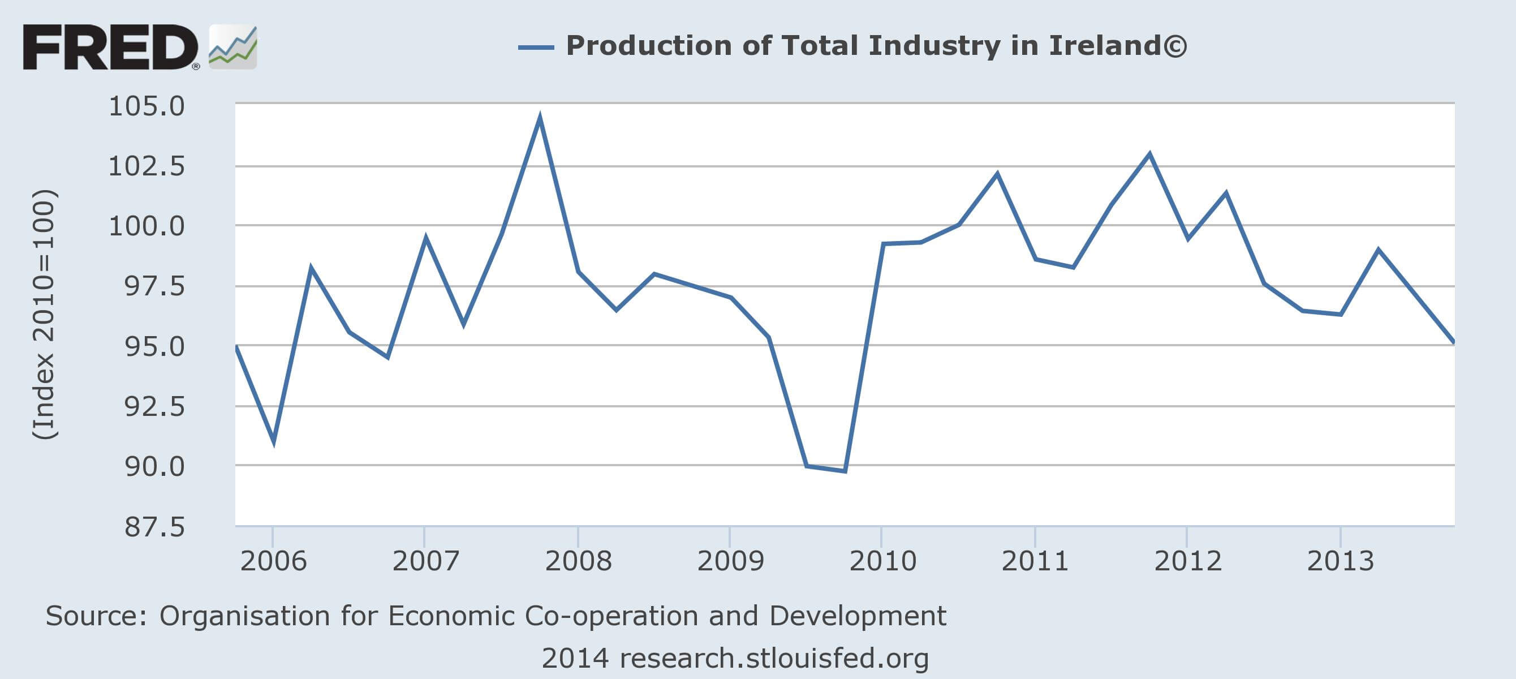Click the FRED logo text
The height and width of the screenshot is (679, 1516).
coord(110,47)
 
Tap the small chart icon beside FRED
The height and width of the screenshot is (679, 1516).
coord(233,47)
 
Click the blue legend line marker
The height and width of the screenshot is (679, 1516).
coord(536,47)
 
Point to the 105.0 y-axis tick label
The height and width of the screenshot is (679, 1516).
coord(147,106)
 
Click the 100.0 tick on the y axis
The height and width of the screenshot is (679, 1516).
coord(147,226)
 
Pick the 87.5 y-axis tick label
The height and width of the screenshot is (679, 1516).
coord(154,526)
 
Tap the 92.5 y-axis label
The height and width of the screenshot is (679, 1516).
coord(154,406)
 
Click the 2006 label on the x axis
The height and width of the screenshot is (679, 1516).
coord(273,561)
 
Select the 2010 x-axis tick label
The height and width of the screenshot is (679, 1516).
coord(882,561)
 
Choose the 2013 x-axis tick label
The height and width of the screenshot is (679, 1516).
coord(1340,561)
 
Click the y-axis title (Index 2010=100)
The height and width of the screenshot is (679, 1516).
coord(44,314)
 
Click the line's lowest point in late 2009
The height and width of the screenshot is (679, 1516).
coord(845,471)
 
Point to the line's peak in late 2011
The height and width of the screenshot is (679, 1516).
coord(1149,155)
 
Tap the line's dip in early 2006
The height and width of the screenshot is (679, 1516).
coord(274,442)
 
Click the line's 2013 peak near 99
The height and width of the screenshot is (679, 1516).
coord(1379,250)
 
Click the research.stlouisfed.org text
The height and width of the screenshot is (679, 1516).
coord(774,659)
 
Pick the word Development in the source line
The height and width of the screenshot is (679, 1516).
coord(858,616)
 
